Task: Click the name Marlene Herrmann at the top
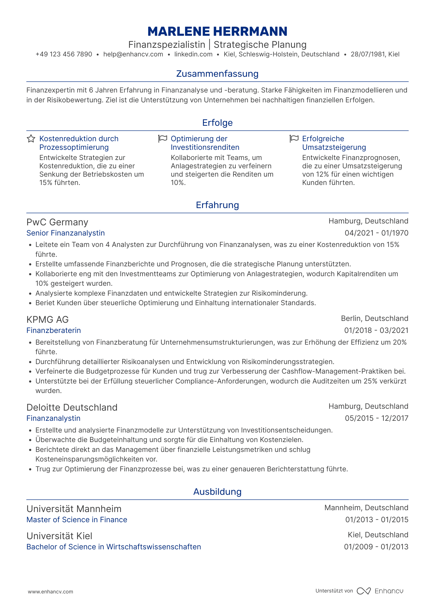(217, 31)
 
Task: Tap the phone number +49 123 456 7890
(64, 54)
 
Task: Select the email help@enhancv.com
(133, 54)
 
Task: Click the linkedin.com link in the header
(193, 54)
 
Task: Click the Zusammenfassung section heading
(217, 74)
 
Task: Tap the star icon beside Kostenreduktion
(31, 139)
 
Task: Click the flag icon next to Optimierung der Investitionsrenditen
(163, 139)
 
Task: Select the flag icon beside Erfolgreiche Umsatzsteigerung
(294, 139)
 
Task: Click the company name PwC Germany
(57, 222)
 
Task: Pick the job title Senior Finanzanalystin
(65, 233)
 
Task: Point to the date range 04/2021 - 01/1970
(376, 233)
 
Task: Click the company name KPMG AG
(48, 319)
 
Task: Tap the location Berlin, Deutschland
(375, 318)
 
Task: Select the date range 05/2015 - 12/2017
(376, 418)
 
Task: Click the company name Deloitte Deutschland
(72, 408)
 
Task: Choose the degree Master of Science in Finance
(77, 520)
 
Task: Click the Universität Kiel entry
(59, 536)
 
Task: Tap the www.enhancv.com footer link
(51, 592)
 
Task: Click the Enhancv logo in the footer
(380, 591)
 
